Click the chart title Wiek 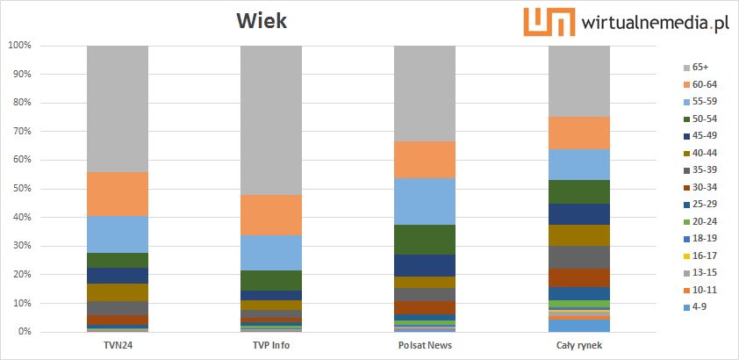tap(261, 20)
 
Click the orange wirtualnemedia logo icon tap(549, 22)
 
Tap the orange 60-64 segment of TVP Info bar tap(271, 215)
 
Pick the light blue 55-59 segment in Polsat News tap(425, 201)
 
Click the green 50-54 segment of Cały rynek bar tap(579, 191)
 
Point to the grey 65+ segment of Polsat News tap(425, 93)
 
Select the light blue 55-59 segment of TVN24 tap(118, 234)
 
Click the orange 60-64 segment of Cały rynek tap(579, 133)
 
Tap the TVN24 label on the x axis tap(118, 346)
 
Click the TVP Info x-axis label tap(271, 346)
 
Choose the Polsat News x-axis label tap(425, 346)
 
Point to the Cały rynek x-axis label tap(579, 346)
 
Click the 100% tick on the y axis tap(19, 46)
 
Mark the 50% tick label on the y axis tap(21, 189)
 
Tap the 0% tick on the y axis tap(24, 332)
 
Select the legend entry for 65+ tap(700, 67)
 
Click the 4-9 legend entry tap(700, 306)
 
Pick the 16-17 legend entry tap(702, 256)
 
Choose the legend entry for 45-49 tap(702, 135)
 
